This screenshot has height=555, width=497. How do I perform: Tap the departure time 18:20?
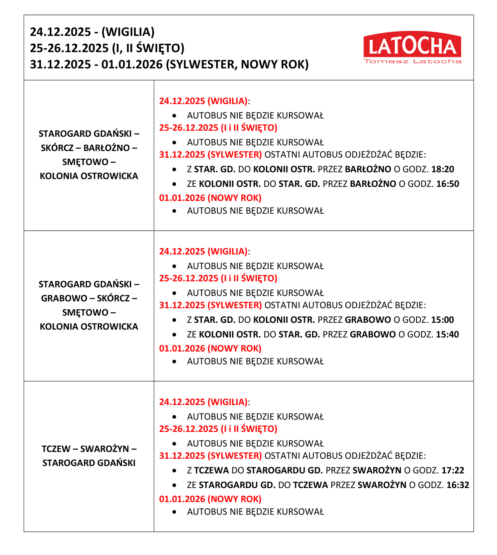(x=442, y=169)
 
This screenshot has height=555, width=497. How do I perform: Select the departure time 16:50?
(x=448, y=184)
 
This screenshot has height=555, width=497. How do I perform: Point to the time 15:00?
(x=442, y=320)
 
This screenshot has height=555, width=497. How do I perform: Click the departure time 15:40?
(x=447, y=334)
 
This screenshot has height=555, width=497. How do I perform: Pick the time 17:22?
(x=453, y=470)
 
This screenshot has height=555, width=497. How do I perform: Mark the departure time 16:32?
(x=458, y=485)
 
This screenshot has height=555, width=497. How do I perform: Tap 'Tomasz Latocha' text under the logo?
(x=412, y=61)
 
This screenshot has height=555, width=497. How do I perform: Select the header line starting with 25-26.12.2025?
(x=107, y=48)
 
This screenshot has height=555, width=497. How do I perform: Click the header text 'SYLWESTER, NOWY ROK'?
(x=237, y=65)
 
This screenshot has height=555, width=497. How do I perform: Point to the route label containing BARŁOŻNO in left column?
(x=89, y=148)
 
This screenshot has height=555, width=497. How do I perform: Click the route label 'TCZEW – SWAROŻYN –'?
(x=89, y=449)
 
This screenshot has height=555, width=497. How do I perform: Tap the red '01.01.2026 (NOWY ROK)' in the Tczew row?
(x=210, y=499)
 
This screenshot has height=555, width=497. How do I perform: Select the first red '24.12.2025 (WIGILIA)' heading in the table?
(x=203, y=101)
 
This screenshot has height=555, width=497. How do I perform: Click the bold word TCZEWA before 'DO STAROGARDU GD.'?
(x=211, y=470)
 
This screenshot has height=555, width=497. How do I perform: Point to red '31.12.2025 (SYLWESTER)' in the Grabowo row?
(x=210, y=306)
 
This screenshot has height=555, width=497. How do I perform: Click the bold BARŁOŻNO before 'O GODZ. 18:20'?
(x=368, y=169)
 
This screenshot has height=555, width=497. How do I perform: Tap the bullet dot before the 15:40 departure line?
(x=174, y=334)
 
